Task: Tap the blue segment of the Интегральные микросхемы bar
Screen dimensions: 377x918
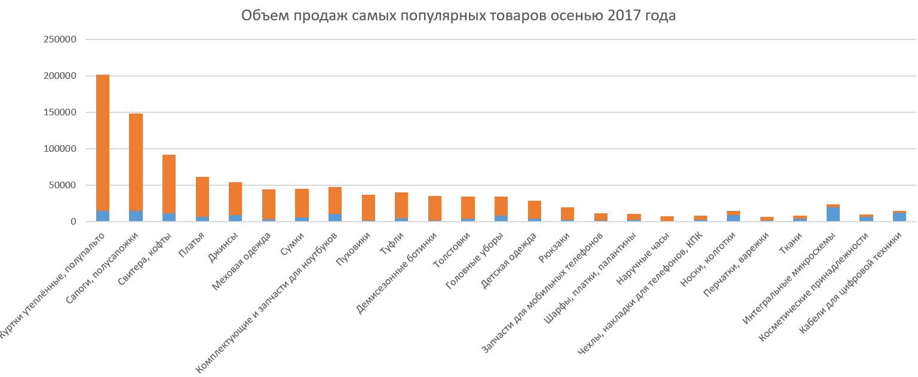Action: pyautogui.click(x=833, y=214)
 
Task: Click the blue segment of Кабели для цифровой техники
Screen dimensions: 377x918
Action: pyautogui.click(x=899, y=217)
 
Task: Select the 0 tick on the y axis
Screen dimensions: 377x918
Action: pyautogui.click(x=73, y=222)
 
